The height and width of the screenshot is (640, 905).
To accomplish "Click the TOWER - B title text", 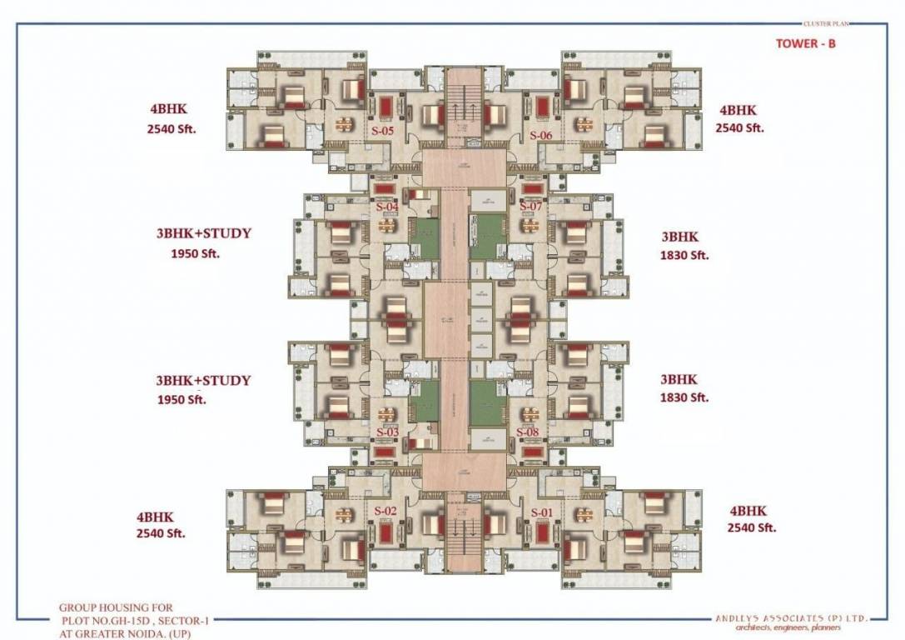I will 805,43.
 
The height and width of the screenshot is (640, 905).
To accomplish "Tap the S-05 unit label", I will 383,132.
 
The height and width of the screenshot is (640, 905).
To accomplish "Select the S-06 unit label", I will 540,135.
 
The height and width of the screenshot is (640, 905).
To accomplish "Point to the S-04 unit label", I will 387,207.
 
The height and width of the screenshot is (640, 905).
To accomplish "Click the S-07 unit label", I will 531,206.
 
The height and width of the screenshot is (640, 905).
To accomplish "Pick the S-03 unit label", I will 387,432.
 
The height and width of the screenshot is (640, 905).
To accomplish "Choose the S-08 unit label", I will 529,432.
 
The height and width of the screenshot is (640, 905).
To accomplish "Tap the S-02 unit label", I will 385,511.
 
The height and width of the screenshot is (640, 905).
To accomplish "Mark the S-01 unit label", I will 542,511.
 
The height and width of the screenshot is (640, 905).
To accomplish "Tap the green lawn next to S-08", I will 488,403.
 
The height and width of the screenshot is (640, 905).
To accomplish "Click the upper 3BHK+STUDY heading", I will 203,233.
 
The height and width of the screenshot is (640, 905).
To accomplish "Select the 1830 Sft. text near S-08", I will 684,397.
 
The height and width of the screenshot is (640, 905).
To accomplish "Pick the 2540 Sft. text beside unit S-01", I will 751,527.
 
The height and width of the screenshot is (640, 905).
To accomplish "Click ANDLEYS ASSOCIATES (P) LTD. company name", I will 792,618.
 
